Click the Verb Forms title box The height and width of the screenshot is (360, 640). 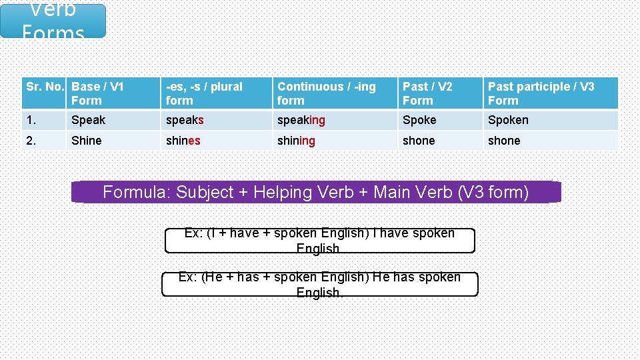53,21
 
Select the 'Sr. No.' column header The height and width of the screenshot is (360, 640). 45,93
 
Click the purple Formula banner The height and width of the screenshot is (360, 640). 316,193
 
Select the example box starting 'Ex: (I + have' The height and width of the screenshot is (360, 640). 319,241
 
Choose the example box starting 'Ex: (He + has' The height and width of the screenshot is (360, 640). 319,285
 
